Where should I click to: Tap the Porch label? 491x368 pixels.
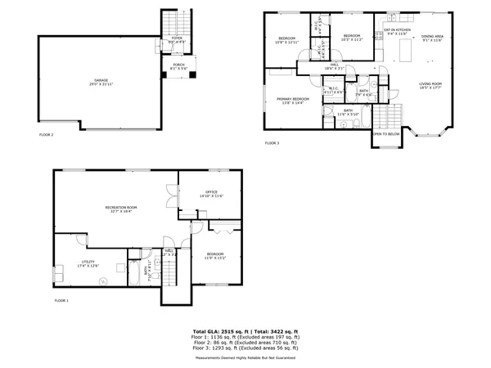178,65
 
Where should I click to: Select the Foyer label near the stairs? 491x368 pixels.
177,38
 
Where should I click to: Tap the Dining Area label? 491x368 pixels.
433,38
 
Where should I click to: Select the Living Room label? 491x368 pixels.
430,86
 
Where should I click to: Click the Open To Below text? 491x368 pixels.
386,133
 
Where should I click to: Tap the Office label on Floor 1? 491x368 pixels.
211,195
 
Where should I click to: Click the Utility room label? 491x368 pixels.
88,263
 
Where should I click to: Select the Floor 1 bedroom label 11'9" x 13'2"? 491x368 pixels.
215,255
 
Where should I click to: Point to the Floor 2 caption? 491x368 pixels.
47,134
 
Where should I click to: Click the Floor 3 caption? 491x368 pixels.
272,143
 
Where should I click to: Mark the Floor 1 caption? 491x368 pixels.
61,301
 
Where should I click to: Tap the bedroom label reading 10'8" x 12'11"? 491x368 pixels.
286,41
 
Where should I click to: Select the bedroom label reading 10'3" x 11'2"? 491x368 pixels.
353,38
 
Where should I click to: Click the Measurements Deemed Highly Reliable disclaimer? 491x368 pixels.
245,358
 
